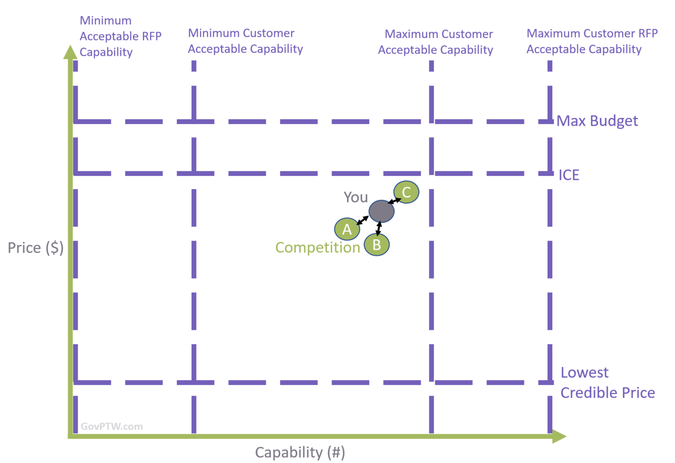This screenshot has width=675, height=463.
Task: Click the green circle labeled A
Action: tap(347, 229)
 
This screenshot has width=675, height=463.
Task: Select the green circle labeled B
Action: tap(377, 244)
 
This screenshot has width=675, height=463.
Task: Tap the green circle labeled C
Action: tap(406, 192)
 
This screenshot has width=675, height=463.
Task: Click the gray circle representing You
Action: tap(381, 211)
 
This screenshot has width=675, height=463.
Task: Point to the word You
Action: tap(356, 197)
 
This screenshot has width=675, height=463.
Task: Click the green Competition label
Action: tap(317, 248)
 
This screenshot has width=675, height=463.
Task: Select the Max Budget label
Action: tap(597, 121)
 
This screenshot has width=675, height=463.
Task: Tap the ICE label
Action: tap(569, 175)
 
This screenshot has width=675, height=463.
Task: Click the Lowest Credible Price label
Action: tap(607, 383)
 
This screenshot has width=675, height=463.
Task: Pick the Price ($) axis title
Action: tap(36, 248)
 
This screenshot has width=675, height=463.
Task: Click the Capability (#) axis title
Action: tap(300, 452)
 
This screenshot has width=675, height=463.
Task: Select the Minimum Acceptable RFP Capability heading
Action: tap(120, 36)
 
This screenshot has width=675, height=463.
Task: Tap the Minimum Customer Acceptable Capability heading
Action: tap(245, 41)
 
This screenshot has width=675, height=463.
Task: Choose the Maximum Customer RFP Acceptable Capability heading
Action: tap(592, 41)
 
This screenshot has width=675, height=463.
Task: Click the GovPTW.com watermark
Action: tap(112, 427)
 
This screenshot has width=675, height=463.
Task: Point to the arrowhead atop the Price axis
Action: tap(70, 51)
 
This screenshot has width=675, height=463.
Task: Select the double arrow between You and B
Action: tap(379, 229)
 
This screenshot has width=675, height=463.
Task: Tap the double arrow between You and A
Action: tap(363, 220)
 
